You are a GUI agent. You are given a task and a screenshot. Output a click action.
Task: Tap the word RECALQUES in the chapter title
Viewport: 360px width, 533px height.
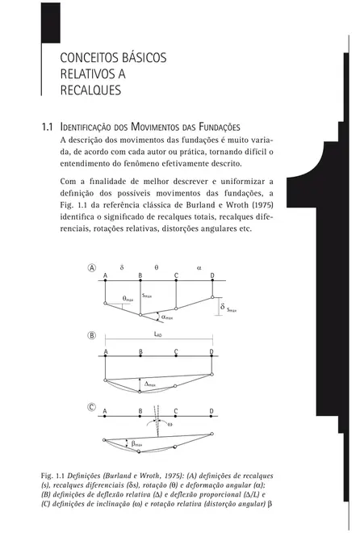(90, 90)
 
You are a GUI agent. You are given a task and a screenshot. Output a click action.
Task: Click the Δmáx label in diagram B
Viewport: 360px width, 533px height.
(148, 384)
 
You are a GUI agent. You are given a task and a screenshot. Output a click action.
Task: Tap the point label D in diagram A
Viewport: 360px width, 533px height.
(211, 275)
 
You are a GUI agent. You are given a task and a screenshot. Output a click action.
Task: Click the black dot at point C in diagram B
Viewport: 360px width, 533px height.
(176, 359)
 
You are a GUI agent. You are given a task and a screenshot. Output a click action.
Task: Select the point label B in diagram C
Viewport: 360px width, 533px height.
(140, 411)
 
